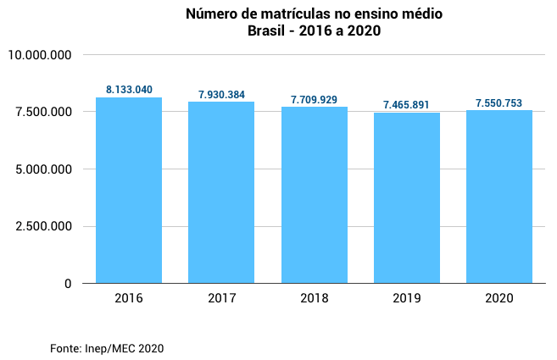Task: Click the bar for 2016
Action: click(129, 191)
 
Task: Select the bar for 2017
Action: click(221, 192)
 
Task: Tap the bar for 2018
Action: click(315, 195)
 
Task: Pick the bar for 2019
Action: click(407, 198)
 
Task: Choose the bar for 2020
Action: click(499, 197)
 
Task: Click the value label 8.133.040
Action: click(129, 90)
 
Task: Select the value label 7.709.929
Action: click(315, 100)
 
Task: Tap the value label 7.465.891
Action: click(407, 105)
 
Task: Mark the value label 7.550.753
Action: click(499, 103)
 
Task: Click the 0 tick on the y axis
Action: click(67, 284)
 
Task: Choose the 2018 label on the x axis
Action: click(315, 299)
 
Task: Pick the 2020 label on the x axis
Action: click(499, 299)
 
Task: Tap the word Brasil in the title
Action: click(266, 31)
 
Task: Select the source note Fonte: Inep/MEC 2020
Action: click(107, 348)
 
